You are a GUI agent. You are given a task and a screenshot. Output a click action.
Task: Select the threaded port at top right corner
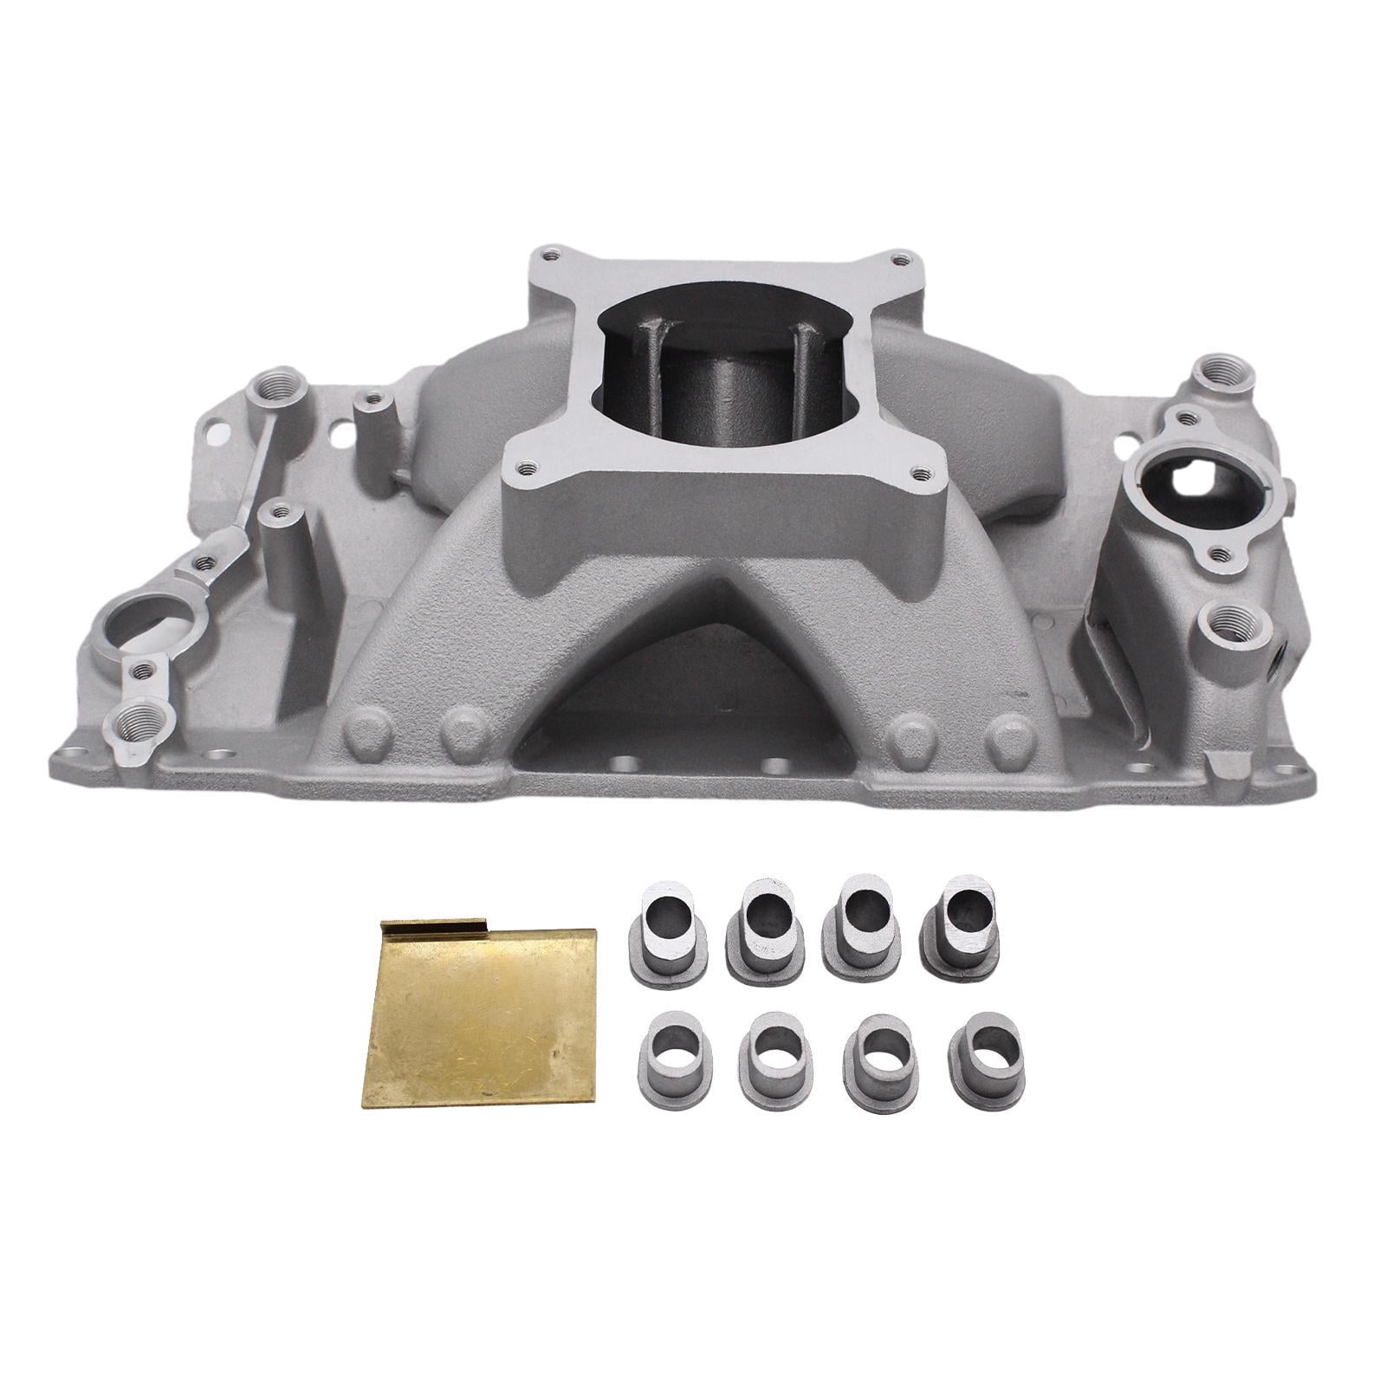[x=1221, y=371]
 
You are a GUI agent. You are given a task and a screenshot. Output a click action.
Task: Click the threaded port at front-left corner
[x=139, y=743]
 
